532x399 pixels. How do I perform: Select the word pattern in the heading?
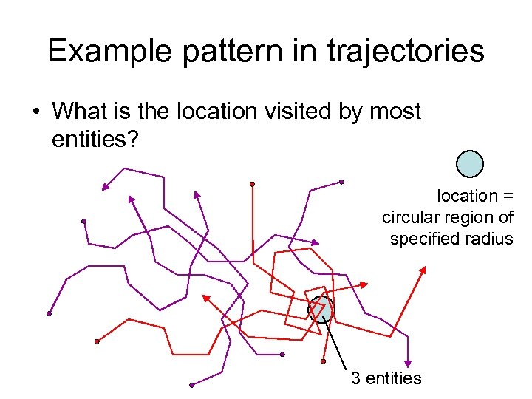pos(231,51)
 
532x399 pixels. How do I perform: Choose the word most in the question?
pos(395,112)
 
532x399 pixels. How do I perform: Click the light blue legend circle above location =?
pos(469,164)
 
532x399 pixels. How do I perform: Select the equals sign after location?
pos(506,197)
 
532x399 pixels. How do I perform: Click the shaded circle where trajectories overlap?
pos(321,309)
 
